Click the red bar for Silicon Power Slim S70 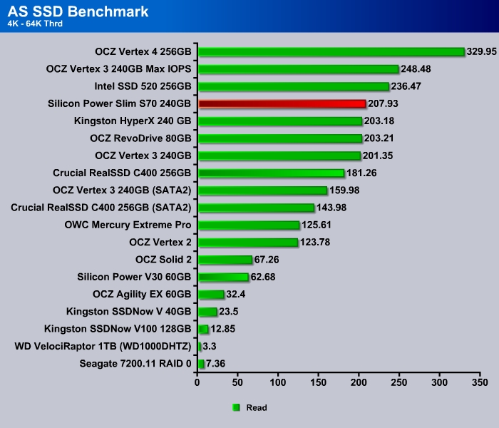coord(282,103)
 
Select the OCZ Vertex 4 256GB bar coord(331,51)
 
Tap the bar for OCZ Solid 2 coord(225,260)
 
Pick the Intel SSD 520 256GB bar coord(293,86)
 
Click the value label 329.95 coord(483,51)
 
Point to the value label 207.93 coord(384,103)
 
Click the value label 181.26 coord(362,173)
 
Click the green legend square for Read coord(236,407)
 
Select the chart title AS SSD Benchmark coord(78,11)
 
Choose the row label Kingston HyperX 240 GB coord(133,121)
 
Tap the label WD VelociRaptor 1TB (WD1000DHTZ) coord(103,347)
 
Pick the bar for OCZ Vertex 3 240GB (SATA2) coord(262,190)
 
